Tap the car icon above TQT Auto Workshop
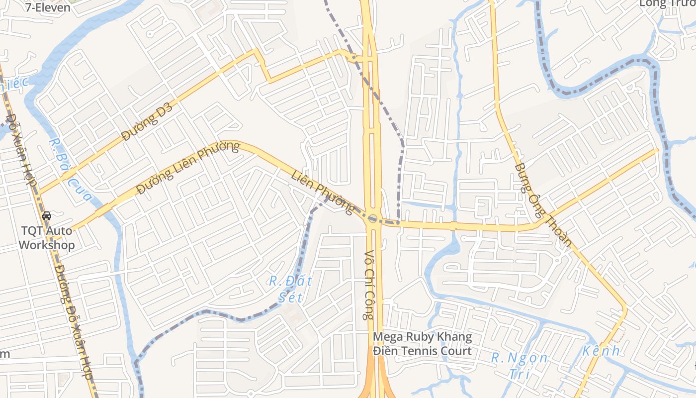(47, 215)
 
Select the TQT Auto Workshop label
(47, 238)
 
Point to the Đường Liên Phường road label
(188, 168)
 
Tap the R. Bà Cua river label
(71, 170)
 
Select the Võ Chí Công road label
(368, 285)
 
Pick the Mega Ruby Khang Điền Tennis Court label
(422, 344)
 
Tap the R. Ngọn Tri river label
(520, 366)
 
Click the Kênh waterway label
(602, 351)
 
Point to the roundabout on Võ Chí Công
(372, 218)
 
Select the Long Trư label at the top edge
(666, 3)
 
